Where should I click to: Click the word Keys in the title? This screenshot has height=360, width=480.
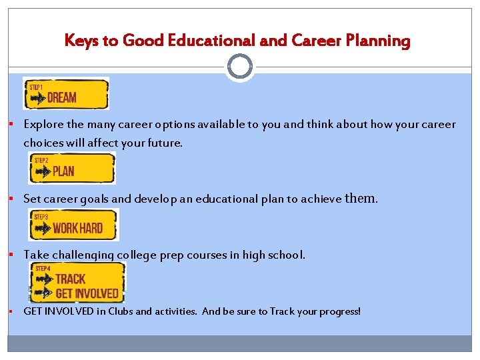click(81, 41)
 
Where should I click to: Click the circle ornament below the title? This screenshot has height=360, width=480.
click(240, 67)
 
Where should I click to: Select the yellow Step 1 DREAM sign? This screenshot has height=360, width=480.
click(65, 93)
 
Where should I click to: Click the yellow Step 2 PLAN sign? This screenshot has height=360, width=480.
click(71, 168)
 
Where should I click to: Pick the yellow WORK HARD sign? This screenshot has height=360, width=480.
click(74, 225)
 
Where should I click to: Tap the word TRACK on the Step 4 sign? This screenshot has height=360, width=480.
click(70, 279)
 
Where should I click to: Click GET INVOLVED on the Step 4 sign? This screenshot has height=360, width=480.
click(87, 293)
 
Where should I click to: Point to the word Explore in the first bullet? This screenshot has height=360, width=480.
click(44, 125)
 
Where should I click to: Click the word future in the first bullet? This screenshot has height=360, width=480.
click(164, 143)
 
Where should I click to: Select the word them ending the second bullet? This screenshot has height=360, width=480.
click(361, 198)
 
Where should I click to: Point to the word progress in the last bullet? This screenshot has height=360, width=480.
click(338, 311)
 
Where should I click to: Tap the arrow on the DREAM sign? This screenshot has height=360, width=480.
click(39, 98)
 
